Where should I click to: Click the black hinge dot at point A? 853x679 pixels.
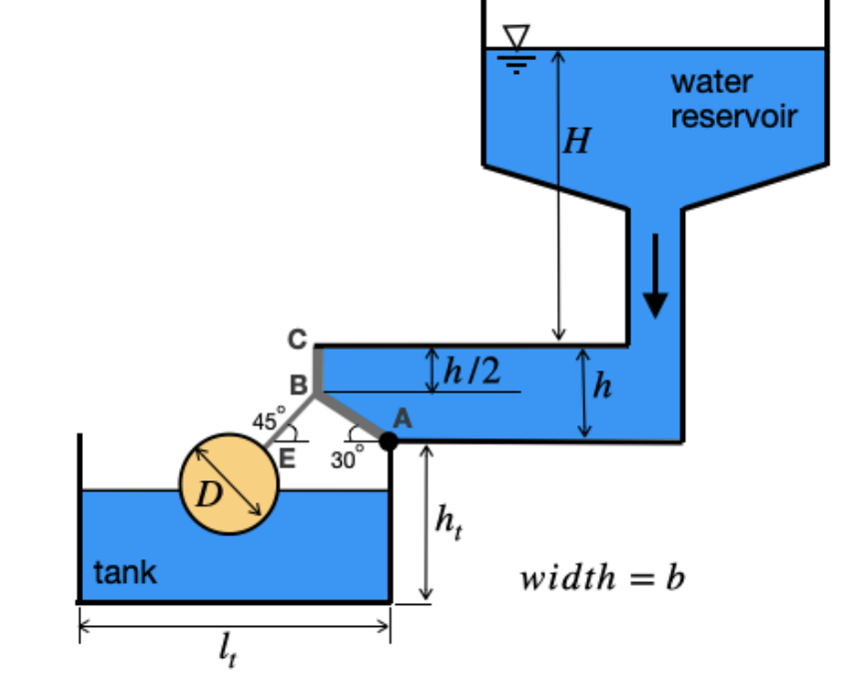(x=389, y=441)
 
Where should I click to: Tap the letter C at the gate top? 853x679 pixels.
(x=297, y=339)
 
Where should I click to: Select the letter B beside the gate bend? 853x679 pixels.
(x=298, y=385)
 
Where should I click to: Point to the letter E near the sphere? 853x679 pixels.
(x=289, y=459)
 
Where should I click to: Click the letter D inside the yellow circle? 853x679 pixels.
(x=206, y=494)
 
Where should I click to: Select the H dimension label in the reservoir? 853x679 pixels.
(x=576, y=142)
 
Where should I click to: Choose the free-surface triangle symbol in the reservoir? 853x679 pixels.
(x=516, y=37)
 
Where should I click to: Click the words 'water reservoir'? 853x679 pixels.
(x=733, y=99)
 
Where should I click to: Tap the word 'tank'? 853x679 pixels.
(x=125, y=572)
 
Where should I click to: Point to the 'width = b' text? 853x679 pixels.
(x=602, y=578)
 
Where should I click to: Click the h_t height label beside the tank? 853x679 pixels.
(x=448, y=521)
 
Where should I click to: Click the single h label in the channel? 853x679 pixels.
(x=601, y=384)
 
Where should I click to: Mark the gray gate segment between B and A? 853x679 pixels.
(x=353, y=417)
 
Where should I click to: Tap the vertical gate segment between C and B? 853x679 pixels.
(x=317, y=369)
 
